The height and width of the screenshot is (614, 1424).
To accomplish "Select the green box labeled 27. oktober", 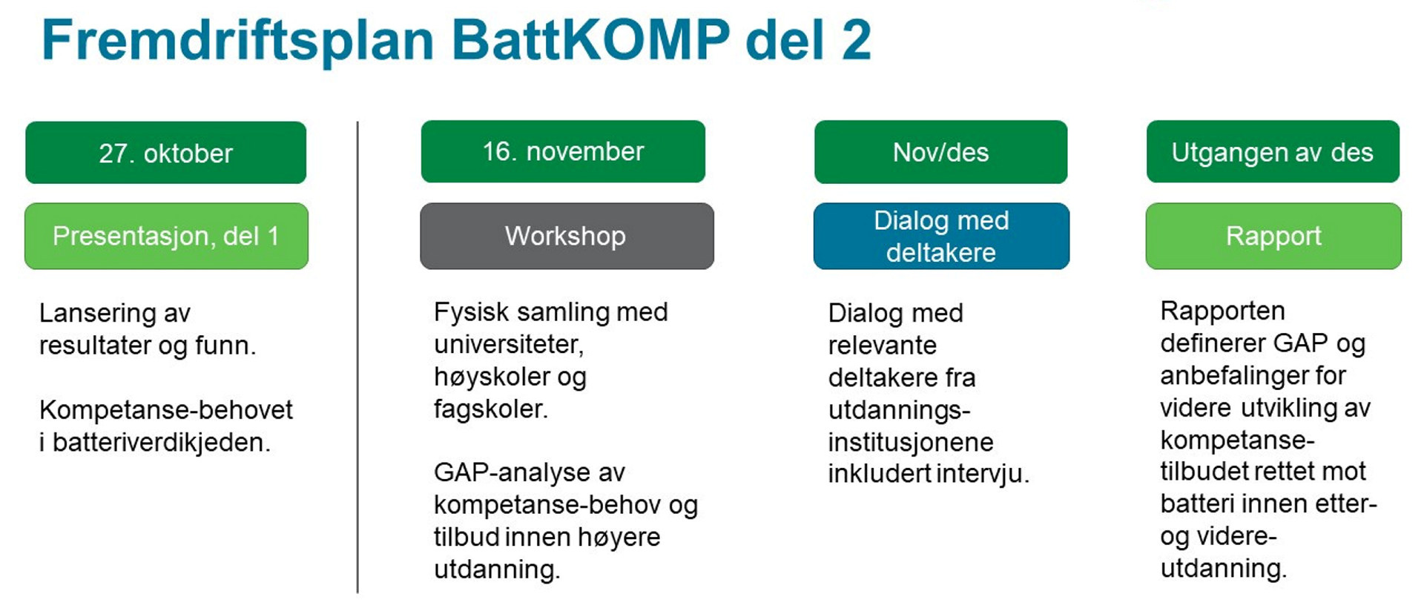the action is tap(165, 153).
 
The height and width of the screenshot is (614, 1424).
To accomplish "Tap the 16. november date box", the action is tap(563, 151).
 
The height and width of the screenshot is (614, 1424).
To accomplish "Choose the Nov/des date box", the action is tap(940, 152).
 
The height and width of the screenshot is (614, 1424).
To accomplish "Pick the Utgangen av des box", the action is tap(1273, 152).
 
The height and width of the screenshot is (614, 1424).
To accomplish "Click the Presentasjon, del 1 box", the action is tap(166, 236).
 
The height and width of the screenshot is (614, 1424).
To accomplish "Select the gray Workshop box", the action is tap(567, 236).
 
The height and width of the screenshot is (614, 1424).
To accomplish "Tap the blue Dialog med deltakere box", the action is tap(941, 236).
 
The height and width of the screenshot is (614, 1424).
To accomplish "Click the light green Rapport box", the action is tap(1273, 236).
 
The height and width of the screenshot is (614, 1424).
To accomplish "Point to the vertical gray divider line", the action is tap(357, 357).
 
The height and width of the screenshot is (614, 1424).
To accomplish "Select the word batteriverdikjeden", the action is tap(161, 443).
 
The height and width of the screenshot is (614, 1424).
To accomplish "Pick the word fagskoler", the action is tap(490, 409).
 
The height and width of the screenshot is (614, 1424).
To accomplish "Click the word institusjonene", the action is tap(911, 443).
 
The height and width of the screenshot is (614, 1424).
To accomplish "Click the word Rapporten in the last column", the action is tap(1222, 311).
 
